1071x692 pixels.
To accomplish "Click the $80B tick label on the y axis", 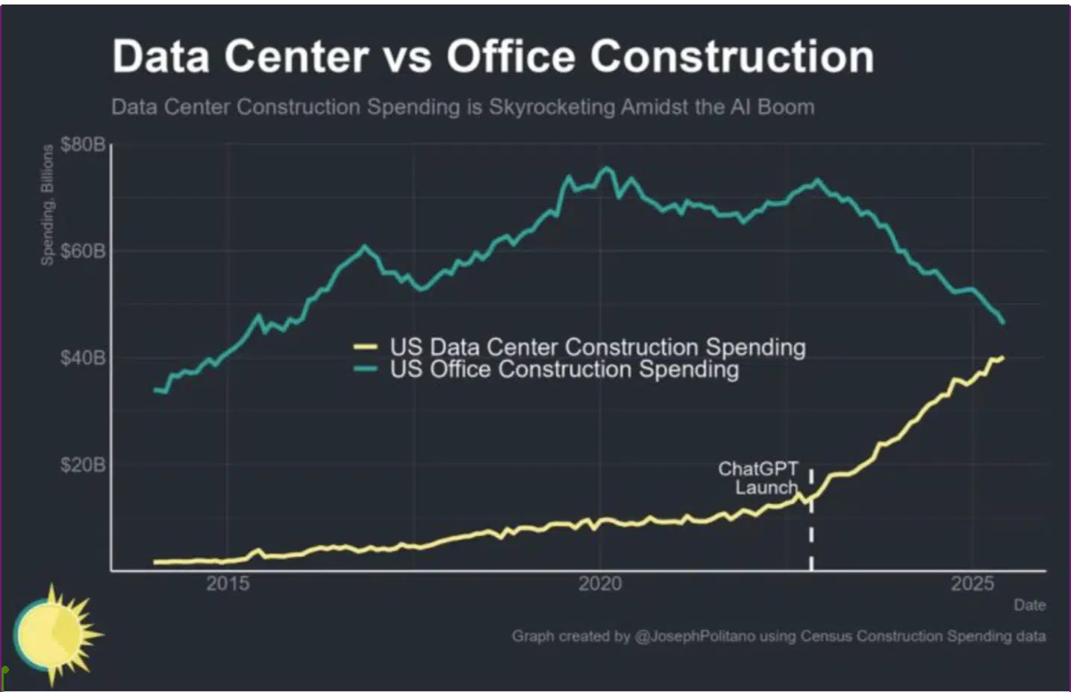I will (x=83, y=144).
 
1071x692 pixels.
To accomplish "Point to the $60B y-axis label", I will (x=83, y=251).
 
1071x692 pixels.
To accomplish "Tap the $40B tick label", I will (x=83, y=358).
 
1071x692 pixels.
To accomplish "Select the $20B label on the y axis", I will (x=83, y=465).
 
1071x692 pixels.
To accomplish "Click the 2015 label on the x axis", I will (x=228, y=583).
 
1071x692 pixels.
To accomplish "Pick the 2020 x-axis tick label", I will (x=600, y=583).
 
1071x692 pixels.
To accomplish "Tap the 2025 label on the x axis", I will (x=972, y=583).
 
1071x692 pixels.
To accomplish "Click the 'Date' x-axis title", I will (x=1029, y=605).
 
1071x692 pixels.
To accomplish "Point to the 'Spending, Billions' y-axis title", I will (x=48, y=205).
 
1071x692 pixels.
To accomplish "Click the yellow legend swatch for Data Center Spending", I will (x=366, y=346).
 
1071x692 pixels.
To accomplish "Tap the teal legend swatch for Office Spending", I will (x=366, y=369).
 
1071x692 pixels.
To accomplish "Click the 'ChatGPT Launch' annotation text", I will (x=758, y=478).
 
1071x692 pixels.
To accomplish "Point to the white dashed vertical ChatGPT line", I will (x=811, y=537).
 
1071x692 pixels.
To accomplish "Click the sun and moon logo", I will (x=56, y=635).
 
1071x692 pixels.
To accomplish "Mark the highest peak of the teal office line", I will (x=606, y=169).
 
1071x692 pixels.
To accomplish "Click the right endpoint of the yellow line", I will (x=1002, y=358).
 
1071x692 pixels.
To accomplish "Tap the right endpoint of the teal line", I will (x=1003, y=322).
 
